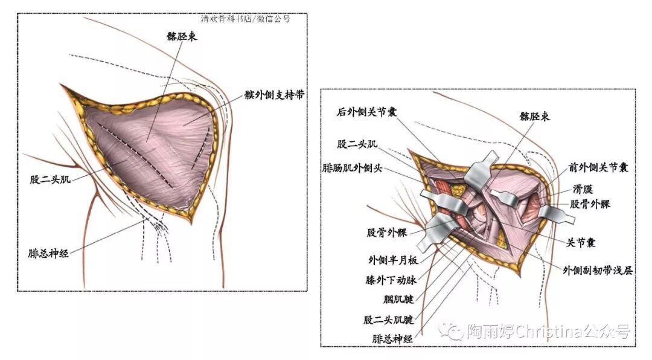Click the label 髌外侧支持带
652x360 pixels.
pyautogui.click(x=273, y=95)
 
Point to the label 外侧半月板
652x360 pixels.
pyautogui.click(x=392, y=261)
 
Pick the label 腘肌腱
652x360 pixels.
pyautogui.click(x=398, y=299)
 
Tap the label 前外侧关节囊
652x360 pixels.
pyautogui.click(x=598, y=168)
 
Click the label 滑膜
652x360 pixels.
pyautogui.click(x=584, y=189)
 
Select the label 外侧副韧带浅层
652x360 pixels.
pyautogui.click(x=598, y=271)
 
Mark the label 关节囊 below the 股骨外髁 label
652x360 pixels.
pyautogui.click(x=581, y=242)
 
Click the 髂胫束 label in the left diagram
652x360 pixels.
pyautogui.click(x=182, y=36)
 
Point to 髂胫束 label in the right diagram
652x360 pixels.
pyautogui.click(x=535, y=116)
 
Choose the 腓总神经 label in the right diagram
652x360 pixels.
pyautogui.click(x=392, y=339)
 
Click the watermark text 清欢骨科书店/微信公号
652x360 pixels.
pyautogui.click(x=246, y=19)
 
